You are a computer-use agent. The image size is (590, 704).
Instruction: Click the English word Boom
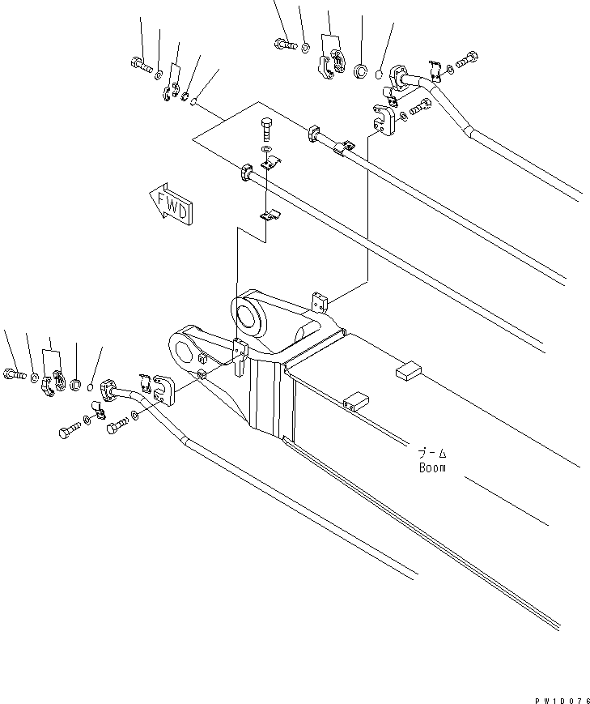pyautogui.click(x=432, y=467)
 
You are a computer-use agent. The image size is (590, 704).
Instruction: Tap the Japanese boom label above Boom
pyautogui.click(x=432, y=454)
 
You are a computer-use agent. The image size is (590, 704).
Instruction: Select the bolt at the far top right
pyautogui.click(x=467, y=59)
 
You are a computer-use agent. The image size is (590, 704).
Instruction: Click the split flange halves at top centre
pyautogui.click(x=330, y=65)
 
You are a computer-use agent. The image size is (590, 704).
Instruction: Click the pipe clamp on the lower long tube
pyautogui.click(x=244, y=172)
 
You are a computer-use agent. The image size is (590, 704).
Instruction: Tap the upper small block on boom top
pyautogui.click(x=407, y=371)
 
